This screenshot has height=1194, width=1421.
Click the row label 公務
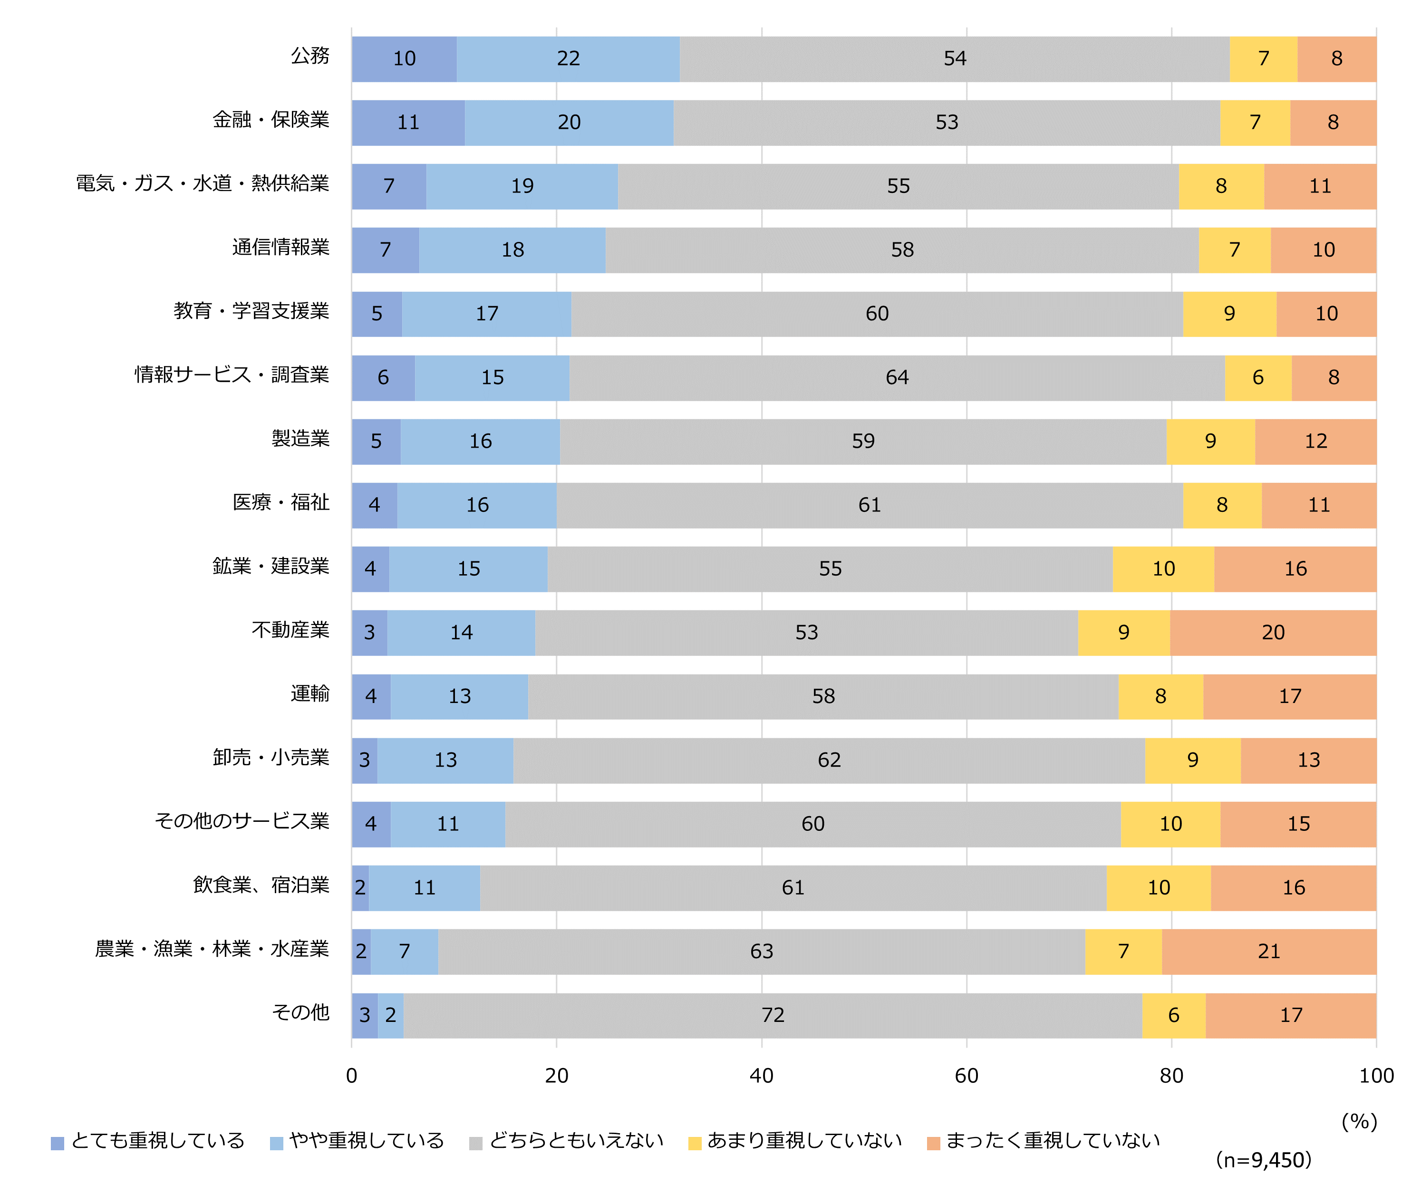[x=310, y=56]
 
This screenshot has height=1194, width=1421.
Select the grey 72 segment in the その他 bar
[x=773, y=1015]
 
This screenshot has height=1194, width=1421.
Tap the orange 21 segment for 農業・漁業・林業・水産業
[x=1269, y=952]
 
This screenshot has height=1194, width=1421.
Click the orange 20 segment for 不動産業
[x=1273, y=633]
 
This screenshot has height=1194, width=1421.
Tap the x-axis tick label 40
[x=762, y=1076]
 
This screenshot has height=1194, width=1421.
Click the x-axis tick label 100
[x=1376, y=1076]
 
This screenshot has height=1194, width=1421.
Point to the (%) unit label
[x=1359, y=1122]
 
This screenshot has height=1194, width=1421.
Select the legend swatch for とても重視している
[x=58, y=1144]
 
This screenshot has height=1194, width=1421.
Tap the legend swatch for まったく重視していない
[x=934, y=1144]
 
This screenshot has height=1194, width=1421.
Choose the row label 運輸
[x=310, y=694]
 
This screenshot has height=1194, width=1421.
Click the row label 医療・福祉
[x=281, y=502]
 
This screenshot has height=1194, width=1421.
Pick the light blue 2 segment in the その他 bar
[x=391, y=1015]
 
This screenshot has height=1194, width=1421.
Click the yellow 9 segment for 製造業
[x=1210, y=441]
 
